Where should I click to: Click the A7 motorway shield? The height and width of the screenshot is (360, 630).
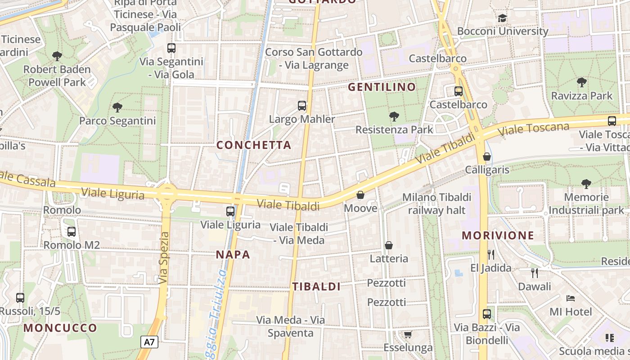click(x=149, y=342)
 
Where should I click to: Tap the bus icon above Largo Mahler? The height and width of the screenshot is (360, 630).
click(x=302, y=106)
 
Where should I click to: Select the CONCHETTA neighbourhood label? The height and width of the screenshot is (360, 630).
click(x=254, y=145)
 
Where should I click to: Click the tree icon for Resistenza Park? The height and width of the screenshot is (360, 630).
click(x=394, y=117)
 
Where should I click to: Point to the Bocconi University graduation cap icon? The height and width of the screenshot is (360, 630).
click(x=502, y=18)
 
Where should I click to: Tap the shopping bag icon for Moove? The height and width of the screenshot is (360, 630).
click(x=360, y=195)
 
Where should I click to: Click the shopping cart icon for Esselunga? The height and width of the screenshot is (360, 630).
click(x=408, y=334)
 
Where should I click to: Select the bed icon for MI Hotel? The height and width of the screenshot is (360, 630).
click(x=571, y=298)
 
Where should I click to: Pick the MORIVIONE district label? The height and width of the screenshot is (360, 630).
click(x=498, y=235)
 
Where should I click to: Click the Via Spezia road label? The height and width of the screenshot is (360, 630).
click(x=164, y=258)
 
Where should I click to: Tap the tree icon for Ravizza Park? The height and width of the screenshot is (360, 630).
click(x=581, y=82)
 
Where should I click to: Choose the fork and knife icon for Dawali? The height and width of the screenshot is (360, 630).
click(x=535, y=273)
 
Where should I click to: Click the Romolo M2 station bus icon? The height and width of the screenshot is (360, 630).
click(x=72, y=232)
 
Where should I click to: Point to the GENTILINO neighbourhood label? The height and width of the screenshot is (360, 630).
click(x=382, y=87)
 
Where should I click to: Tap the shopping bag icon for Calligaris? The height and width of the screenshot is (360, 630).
click(x=487, y=157)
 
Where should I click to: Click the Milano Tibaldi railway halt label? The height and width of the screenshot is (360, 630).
click(x=436, y=203)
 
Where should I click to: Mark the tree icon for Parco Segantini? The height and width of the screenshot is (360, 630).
click(x=117, y=108)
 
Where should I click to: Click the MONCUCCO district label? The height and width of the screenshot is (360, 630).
click(x=60, y=328)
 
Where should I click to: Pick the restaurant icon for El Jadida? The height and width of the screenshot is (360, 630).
click(x=491, y=255)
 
